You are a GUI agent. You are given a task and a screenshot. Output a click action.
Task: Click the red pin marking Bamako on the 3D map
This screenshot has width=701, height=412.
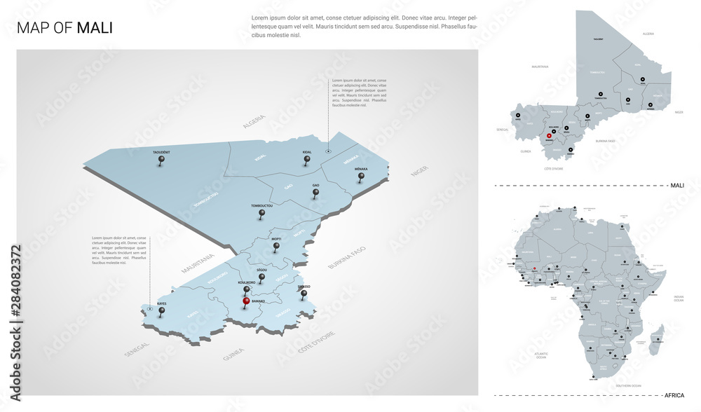click(x=245, y=303)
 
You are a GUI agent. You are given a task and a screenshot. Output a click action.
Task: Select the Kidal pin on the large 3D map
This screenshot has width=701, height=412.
click(x=306, y=160)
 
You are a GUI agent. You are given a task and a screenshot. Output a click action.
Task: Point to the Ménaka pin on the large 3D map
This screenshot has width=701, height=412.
click(x=362, y=177)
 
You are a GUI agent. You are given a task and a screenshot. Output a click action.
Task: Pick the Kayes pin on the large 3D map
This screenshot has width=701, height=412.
click(x=162, y=312)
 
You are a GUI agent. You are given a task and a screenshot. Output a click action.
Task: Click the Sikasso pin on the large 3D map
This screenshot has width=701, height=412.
click(x=304, y=294)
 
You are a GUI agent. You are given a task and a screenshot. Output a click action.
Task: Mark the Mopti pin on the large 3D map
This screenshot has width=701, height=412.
click(x=276, y=246)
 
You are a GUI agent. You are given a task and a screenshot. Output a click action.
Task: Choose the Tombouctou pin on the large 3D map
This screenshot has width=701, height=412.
click(x=261, y=214)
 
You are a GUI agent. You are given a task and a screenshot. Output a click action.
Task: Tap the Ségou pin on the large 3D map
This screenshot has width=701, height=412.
click(x=261, y=277)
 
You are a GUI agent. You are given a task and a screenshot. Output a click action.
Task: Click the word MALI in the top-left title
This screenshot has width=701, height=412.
click(x=94, y=28)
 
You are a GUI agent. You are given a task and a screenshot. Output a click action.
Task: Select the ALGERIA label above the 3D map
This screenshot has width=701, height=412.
click(x=254, y=124)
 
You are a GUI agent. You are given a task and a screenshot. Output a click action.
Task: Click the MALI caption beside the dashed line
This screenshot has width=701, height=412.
click(x=677, y=185)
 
